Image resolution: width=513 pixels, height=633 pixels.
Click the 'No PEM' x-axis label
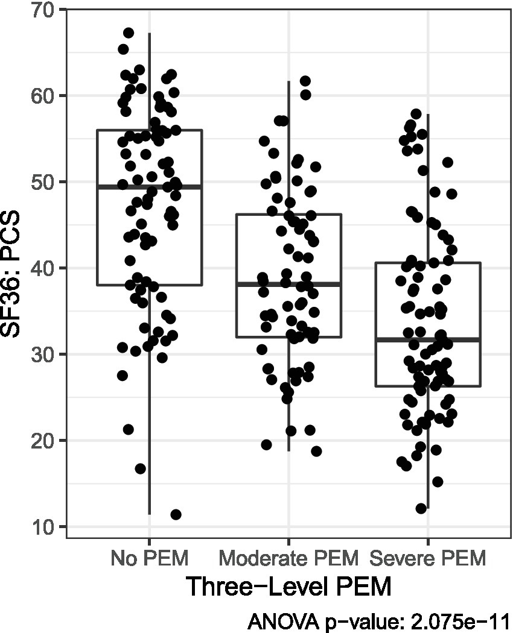(149, 558)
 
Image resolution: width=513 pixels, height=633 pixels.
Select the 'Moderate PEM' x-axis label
(288, 558)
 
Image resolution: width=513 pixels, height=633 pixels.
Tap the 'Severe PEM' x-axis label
(428, 558)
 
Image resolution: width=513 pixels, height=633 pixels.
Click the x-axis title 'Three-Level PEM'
(288, 587)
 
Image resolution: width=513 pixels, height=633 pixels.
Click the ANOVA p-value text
(380, 620)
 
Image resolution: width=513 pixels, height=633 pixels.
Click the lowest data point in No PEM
(176, 514)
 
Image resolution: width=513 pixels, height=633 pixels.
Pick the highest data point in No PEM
(129, 33)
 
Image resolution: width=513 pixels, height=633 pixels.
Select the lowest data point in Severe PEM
(421, 508)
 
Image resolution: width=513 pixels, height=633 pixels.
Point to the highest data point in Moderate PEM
(305, 81)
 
